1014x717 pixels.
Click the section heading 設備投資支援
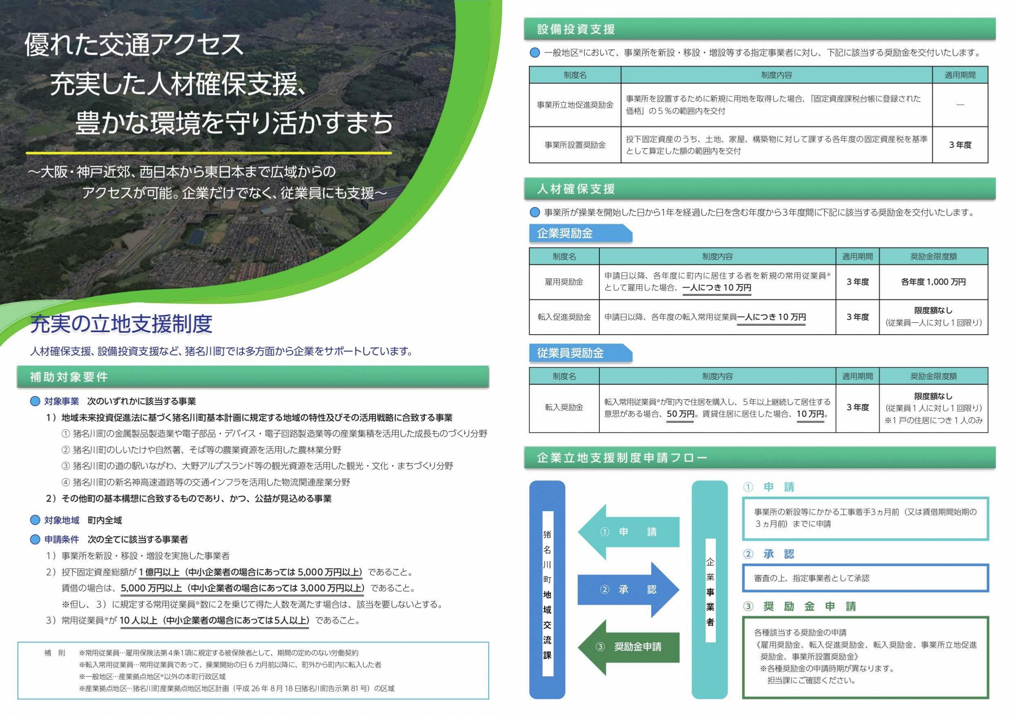tap(576, 29)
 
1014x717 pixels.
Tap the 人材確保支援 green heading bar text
tap(576, 189)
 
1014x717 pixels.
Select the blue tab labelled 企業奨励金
tap(565, 233)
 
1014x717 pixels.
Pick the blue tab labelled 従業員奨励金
tap(570, 353)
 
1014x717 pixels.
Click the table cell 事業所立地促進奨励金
tap(575, 105)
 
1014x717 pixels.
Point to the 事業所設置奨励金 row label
tap(575, 145)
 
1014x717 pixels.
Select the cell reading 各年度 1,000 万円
tap(933, 282)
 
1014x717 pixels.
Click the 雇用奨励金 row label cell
tap(564, 282)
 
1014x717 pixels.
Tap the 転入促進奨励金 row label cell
tap(564, 317)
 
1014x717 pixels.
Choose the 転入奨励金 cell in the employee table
tap(564, 407)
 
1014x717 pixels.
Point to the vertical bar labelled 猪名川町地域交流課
tap(547, 592)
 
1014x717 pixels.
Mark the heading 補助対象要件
tap(69, 377)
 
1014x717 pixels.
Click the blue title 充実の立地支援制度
tap(121, 324)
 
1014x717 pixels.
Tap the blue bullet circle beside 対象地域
tap(35, 520)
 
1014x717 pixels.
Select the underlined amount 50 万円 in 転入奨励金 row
tap(680, 414)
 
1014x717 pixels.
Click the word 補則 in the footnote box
tap(55, 653)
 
